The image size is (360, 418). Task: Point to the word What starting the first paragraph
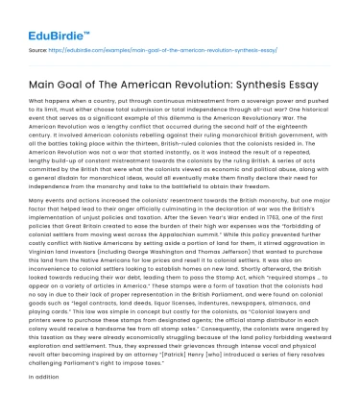tap(40, 100)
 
